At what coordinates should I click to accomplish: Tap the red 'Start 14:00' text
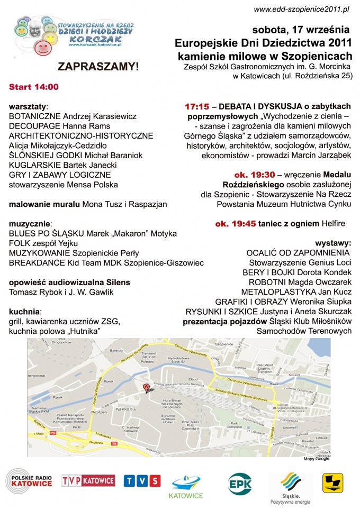(x=34, y=87)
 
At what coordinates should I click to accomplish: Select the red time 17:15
(x=196, y=106)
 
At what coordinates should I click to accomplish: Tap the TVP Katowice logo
(x=88, y=480)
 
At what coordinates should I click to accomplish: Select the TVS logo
(x=142, y=481)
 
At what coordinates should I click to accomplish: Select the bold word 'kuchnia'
(x=25, y=312)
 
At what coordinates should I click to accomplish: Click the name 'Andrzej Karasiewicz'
(x=103, y=116)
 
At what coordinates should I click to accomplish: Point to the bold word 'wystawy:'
(x=334, y=243)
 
